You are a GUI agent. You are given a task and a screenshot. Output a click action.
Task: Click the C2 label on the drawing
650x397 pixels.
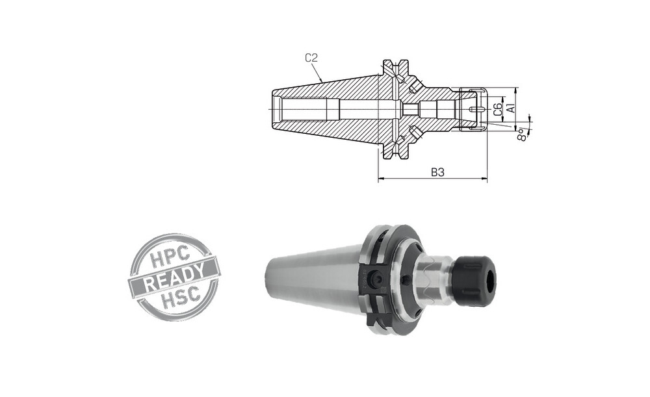point(311,58)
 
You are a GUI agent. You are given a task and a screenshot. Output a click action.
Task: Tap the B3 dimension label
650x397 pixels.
point(437,172)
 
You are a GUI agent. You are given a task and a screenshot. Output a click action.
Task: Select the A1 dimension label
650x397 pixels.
point(511,108)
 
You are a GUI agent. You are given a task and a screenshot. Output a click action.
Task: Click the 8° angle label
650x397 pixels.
point(523,134)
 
